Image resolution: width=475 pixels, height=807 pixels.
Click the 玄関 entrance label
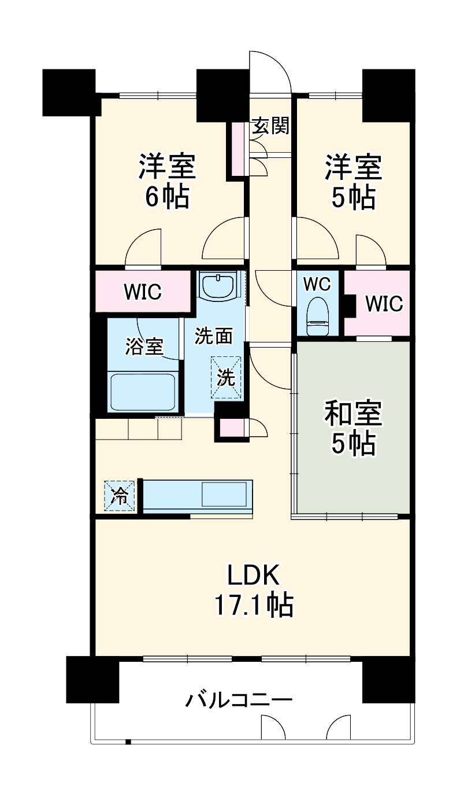click(x=270, y=127)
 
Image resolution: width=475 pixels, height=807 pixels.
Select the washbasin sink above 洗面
click(x=218, y=285)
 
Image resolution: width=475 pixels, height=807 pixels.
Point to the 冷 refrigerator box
click(x=120, y=496)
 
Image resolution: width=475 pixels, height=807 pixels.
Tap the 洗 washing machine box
click(x=226, y=377)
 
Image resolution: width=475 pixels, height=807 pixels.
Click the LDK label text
click(x=254, y=577)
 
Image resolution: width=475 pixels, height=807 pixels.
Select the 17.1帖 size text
click(x=254, y=606)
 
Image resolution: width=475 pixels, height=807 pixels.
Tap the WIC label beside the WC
click(x=384, y=303)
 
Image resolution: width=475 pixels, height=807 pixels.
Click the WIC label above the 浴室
click(x=142, y=292)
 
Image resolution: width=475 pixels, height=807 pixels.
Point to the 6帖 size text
click(x=166, y=197)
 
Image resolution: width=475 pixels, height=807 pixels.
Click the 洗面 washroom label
click(x=213, y=336)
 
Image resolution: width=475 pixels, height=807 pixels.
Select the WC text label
click(x=317, y=284)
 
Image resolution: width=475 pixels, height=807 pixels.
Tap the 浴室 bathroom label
click(x=144, y=347)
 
